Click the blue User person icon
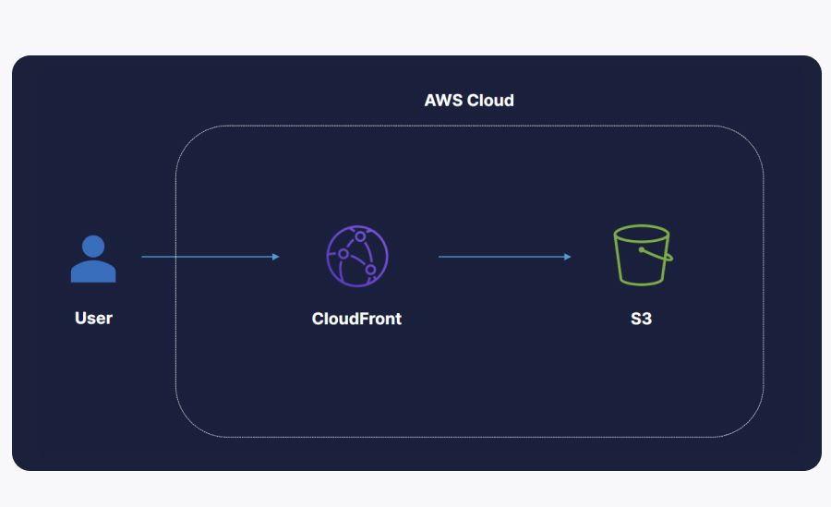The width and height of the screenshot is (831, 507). pyautogui.click(x=93, y=260)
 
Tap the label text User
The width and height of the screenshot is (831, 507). pyautogui.click(x=93, y=319)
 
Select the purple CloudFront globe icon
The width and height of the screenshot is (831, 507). pyautogui.click(x=356, y=256)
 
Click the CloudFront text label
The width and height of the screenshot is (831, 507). pyautogui.click(x=356, y=319)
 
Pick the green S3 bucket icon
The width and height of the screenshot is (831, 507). pyautogui.click(x=641, y=255)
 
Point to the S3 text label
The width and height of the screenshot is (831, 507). pyautogui.click(x=641, y=319)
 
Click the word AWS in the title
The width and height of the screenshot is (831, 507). pyautogui.click(x=443, y=100)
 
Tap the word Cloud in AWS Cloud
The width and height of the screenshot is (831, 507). pyautogui.click(x=490, y=100)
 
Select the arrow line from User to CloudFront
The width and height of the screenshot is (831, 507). pyautogui.click(x=208, y=257)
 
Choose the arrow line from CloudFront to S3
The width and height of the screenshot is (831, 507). pyautogui.click(x=503, y=257)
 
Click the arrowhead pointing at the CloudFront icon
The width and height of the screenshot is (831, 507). pyautogui.click(x=276, y=257)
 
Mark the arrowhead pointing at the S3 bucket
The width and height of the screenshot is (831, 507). pyautogui.click(x=568, y=257)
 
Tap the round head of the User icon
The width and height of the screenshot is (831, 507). pyautogui.click(x=93, y=246)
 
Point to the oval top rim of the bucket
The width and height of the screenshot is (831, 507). pyautogui.click(x=641, y=233)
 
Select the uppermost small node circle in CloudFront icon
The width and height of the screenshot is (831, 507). pyautogui.click(x=361, y=237)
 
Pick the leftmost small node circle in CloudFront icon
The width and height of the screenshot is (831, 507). pyautogui.click(x=343, y=253)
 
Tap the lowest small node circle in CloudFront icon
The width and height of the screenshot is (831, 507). pyautogui.click(x=370, y=270)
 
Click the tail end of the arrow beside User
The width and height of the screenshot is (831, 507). pyautogui.click(x=143, y=257)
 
